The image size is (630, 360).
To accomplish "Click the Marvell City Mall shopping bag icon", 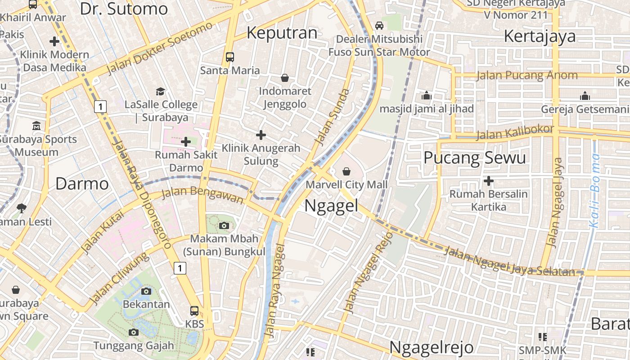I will coord(346,171).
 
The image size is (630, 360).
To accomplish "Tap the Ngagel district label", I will coord(331,206).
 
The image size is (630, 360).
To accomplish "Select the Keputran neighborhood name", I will coord(282,33).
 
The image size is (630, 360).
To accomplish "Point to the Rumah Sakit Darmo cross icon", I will coord(186,142).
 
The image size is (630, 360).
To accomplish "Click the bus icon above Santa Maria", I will coord(230,57).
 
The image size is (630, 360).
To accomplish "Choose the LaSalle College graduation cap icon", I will coord(160,92).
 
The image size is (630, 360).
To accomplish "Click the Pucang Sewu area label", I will coord(475,158).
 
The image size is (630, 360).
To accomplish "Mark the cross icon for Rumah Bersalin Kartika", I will coord(488,181).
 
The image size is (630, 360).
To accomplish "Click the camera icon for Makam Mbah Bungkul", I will coord(224,225).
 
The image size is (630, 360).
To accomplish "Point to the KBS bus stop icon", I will coord(194,310).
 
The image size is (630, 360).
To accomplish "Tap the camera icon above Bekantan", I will coord(146,291).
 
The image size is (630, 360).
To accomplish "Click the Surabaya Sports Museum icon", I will coord(36,126).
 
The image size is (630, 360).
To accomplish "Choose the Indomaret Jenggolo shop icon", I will coord(284,78).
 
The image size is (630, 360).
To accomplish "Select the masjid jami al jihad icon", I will coord(426,95).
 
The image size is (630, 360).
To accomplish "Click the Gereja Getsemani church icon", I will coord(585,96).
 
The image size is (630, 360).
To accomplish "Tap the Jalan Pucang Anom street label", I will coord(527,75).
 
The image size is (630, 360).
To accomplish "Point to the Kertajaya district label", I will coord(540,36).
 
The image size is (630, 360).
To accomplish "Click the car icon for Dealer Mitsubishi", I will coord(379,25).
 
